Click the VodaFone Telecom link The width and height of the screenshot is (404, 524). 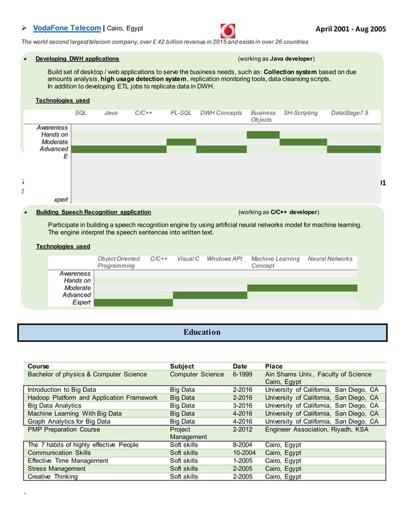(66, 28)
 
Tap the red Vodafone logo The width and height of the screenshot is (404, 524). (228, 30)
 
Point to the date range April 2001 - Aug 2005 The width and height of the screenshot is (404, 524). (350, 29)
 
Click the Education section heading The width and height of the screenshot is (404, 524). (202, 332)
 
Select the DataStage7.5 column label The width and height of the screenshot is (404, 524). (349, 113)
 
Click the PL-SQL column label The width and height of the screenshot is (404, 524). (180, 113)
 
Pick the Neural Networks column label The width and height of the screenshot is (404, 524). (330, 259)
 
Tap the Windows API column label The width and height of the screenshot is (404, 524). (224, 259)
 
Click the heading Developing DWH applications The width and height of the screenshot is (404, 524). (77, 59)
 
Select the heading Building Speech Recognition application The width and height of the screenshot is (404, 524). (93, 212)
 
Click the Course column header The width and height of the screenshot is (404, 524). (39, 366)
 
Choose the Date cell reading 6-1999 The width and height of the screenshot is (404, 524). (243, 374)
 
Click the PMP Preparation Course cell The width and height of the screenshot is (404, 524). (64, 429)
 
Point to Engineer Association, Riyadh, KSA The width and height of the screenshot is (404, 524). (317, 429)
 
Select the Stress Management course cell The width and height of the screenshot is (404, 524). (56, 469)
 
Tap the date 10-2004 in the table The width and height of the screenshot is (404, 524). (244, 453)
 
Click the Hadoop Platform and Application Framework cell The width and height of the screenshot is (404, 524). (92, 398)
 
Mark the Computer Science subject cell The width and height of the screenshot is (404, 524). (197, 374)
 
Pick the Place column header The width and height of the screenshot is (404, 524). (274, 366)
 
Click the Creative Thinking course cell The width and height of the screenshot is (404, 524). (53, 476)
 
